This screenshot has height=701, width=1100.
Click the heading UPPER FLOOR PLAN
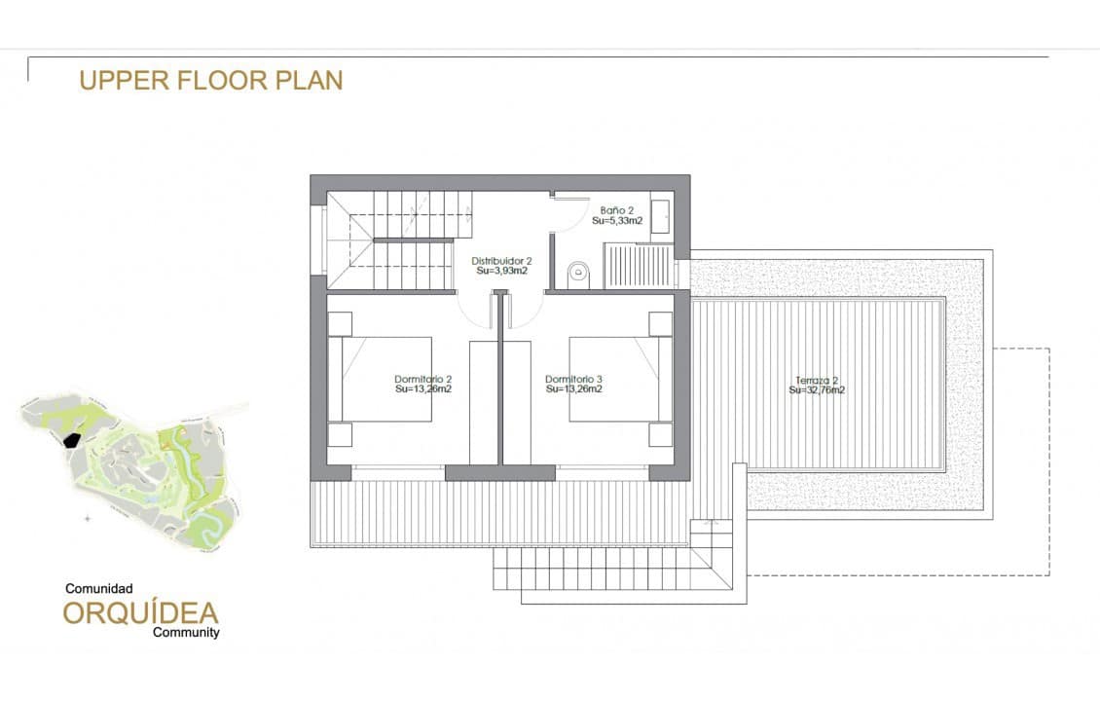click(211, 80)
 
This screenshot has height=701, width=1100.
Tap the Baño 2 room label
click(617, 209)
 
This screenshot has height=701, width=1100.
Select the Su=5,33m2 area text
click(617, 221)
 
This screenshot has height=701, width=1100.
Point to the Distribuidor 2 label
click(501, 261)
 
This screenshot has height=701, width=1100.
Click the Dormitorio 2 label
click(422, 379)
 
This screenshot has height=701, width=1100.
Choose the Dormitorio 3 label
click(574, 379)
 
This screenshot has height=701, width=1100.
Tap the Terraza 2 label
click(817, 380)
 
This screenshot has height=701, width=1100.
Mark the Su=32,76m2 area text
click(817, 390)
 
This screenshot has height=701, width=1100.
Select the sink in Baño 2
click(660, 215)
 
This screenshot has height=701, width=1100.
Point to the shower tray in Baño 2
click(638, 266)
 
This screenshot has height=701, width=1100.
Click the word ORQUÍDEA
click(141, 612)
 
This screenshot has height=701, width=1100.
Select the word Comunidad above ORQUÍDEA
click(98, 589)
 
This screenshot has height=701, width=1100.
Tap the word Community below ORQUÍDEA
click(186, 632)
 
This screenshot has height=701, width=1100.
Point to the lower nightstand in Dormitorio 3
click(661, 434)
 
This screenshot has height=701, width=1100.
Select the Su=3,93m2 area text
click(501, 272)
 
